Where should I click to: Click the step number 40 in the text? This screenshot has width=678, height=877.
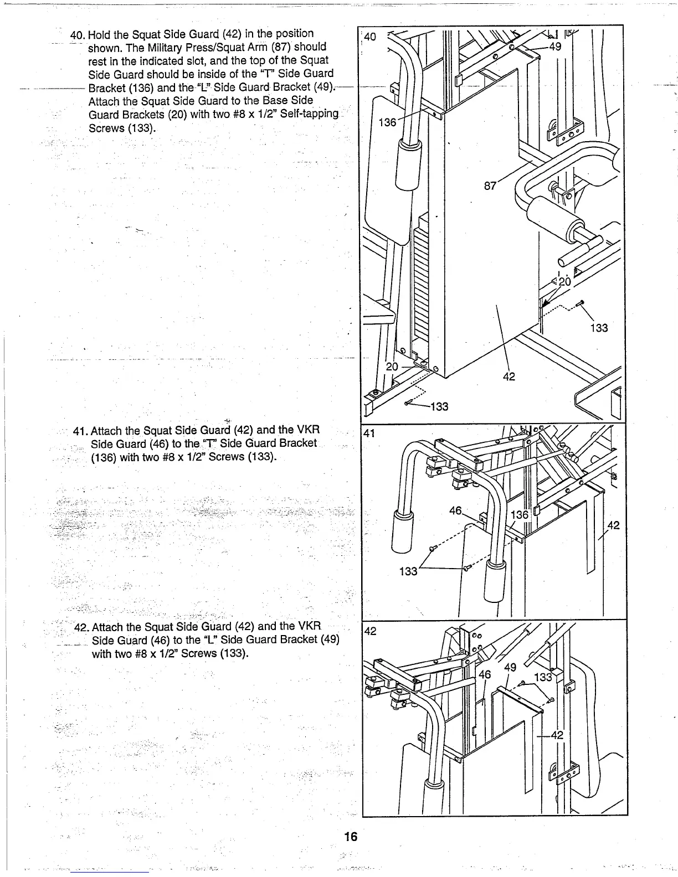coord(76,34)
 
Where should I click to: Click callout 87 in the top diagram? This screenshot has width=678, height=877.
coord(490,186)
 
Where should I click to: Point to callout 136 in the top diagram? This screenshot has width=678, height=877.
coord(387,122)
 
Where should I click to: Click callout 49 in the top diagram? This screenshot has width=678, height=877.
coord(554,47)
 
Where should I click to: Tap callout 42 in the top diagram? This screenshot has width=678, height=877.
coord(509,376)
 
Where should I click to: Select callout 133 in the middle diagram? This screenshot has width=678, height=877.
coord(408,571)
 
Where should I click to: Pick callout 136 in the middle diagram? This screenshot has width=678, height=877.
coord(520,515)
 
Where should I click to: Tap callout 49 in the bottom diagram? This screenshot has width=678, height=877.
coord(510,667)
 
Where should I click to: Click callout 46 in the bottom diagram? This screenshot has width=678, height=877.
coord(485,674)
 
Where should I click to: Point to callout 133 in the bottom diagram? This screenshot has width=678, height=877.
coord(543,678)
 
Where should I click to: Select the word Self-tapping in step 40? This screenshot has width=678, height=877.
coord(311,114)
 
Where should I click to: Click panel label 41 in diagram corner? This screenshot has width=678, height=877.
coord(370,434)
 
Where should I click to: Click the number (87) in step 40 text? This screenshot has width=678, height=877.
coord(280,47)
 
